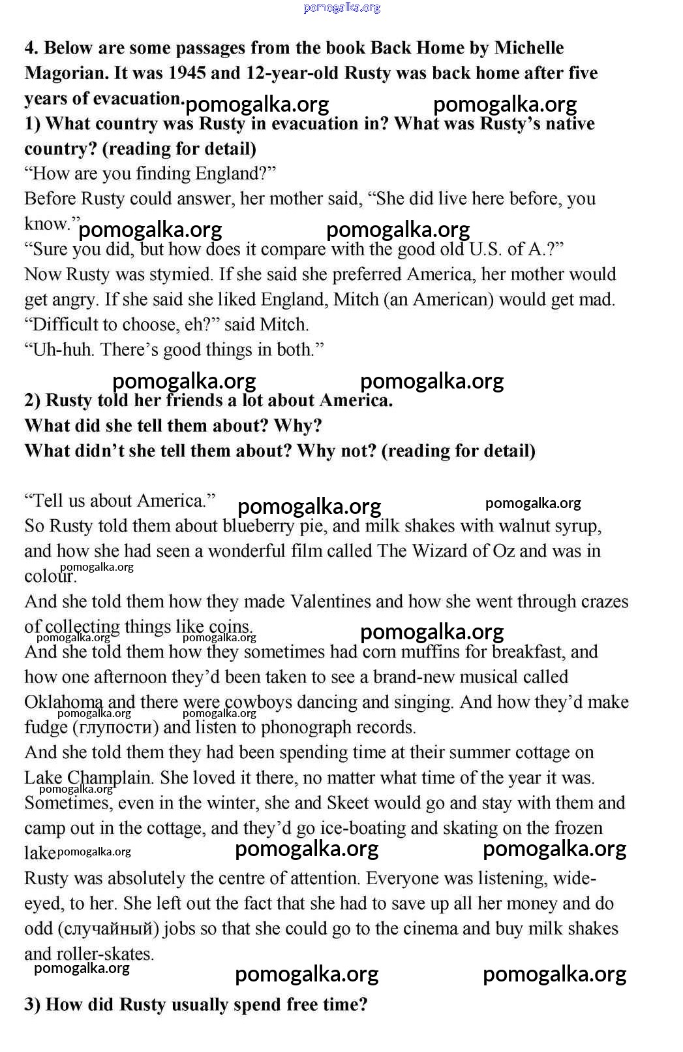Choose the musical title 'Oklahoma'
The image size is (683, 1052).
coord(63,702)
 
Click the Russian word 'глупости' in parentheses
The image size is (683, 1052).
coord(115,727)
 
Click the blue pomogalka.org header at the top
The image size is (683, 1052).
coord(342,8)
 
